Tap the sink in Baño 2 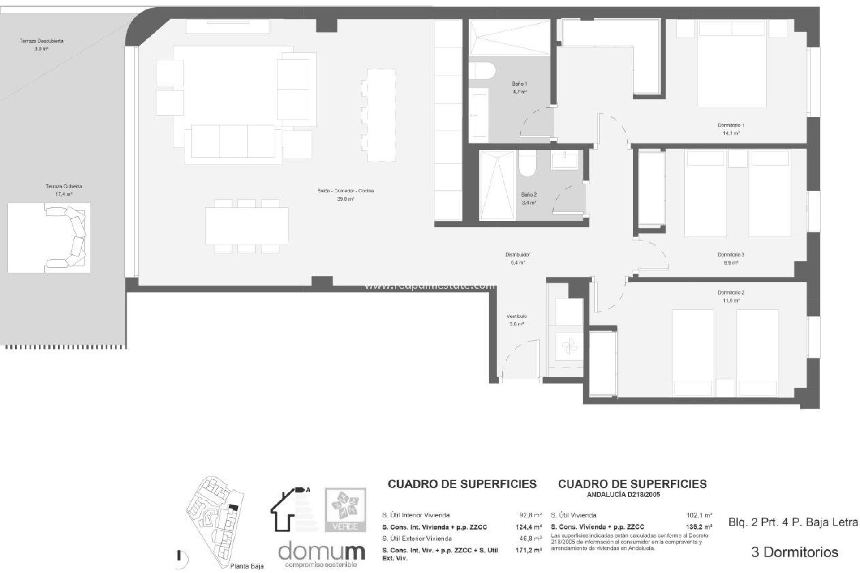tap(564, 160)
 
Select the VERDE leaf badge tap(345, 509)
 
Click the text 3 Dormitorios tap(795, 552)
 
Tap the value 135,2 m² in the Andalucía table tap(699, 527)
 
